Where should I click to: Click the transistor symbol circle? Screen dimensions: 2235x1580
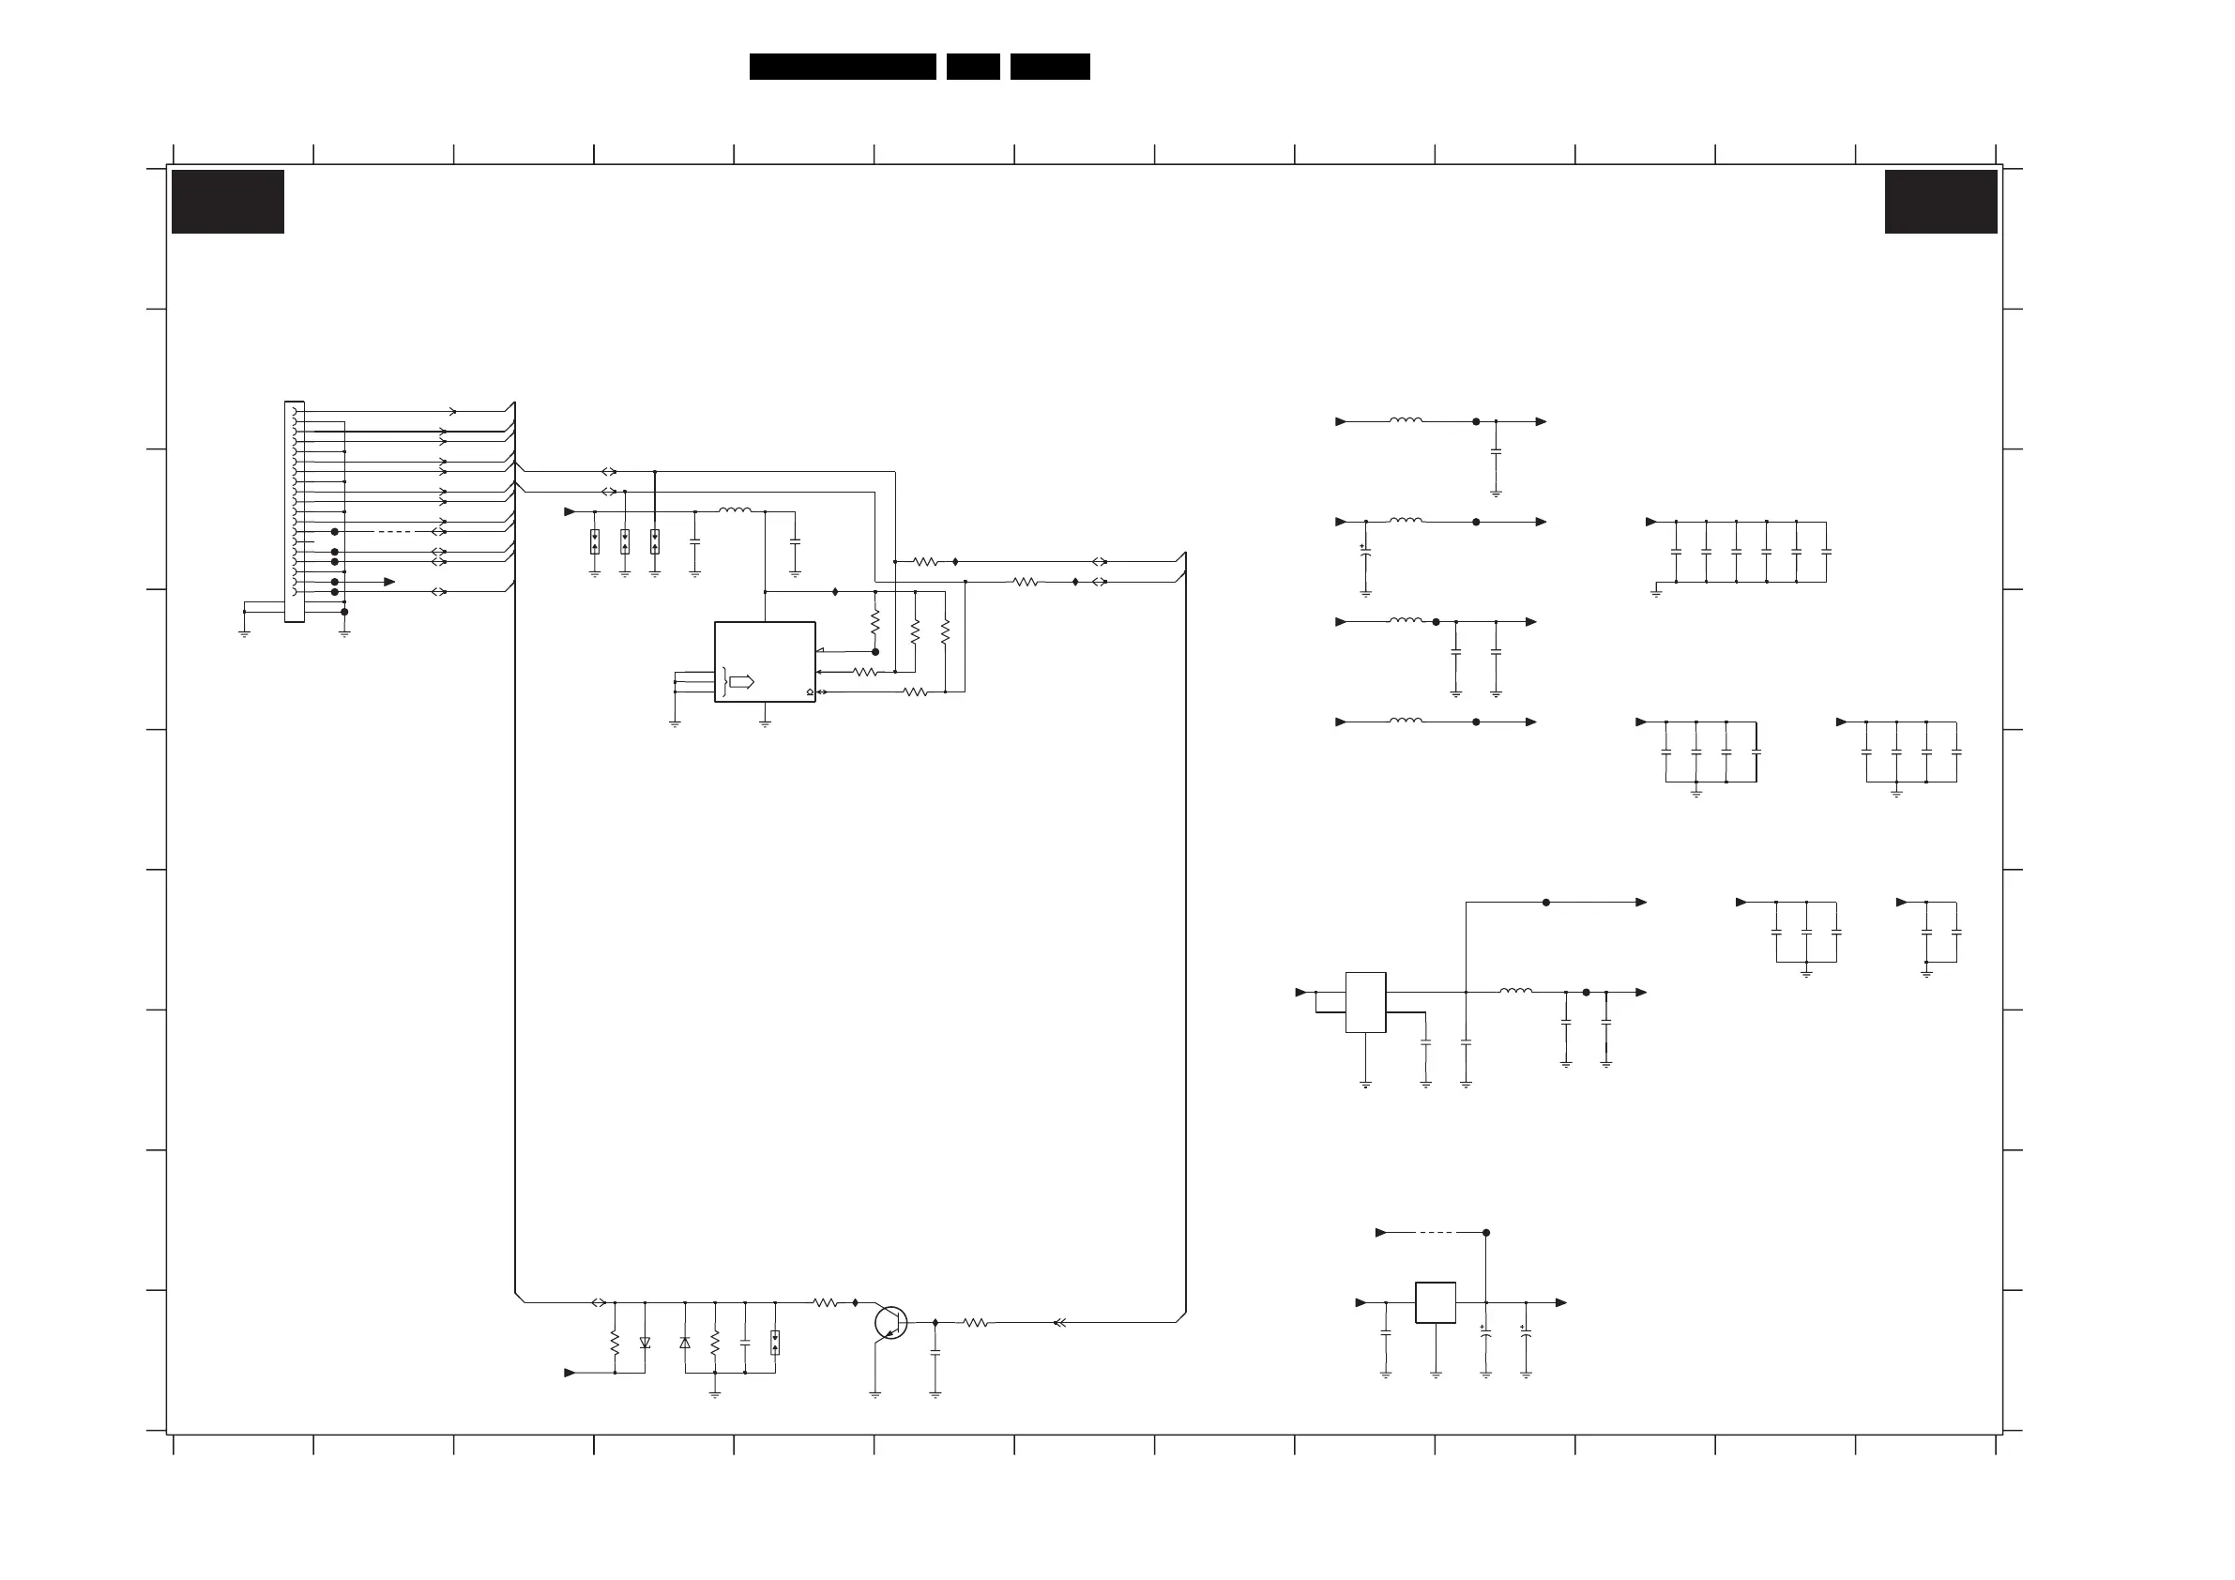point(889,1323)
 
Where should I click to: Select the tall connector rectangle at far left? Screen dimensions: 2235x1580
point(294,511)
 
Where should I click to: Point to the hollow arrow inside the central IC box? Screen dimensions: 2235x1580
point(742,681)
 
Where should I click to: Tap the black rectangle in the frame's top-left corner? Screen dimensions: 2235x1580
point(228,202)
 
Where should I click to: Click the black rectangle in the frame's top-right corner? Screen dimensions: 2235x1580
point(1940,202)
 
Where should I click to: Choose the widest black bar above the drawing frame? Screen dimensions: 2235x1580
point(842,67)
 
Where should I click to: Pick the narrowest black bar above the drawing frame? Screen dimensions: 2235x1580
point(972,67)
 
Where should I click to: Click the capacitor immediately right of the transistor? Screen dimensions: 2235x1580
point(935,1353)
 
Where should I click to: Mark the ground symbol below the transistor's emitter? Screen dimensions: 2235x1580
point(875,1394)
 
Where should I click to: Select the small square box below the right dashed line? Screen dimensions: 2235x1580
point(1435,1302)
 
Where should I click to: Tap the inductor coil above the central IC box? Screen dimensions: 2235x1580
point(735,510)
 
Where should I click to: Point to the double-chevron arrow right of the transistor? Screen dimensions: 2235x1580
point(1060,1323)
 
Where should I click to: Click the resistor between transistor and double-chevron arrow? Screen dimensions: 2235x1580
point(976,1323)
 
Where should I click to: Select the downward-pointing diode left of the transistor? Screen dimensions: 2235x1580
point(645,1343)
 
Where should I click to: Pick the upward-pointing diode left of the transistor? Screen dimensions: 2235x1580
point(684,1343)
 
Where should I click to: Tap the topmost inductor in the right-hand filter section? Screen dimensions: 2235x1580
point(1406,420)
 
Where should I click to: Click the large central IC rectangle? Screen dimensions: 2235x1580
point(764,661)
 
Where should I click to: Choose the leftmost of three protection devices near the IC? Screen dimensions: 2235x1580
point(595,542)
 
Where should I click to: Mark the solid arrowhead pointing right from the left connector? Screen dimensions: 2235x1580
point(389,582)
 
